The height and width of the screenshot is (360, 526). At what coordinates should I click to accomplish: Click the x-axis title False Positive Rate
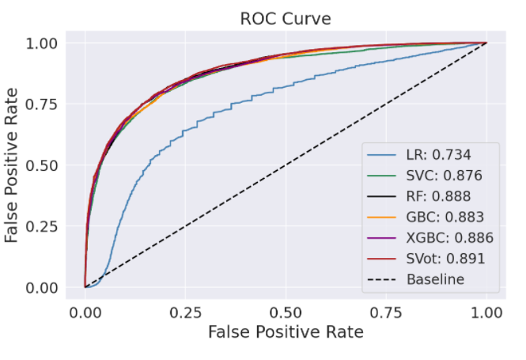tap(285, 332)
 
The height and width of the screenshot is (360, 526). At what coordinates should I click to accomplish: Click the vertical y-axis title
tap(13, 165)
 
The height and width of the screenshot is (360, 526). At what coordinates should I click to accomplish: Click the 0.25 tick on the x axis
tap(185, 311)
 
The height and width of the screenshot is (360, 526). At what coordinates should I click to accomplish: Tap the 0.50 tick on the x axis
tap(285, 311)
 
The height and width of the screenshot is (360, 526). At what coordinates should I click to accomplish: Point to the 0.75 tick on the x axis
tap(385, 311)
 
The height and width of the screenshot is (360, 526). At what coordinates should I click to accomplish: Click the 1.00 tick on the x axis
tap(485, 311)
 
